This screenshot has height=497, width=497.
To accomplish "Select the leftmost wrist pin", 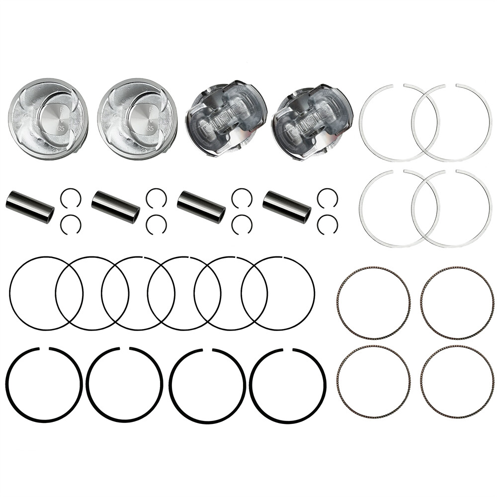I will (x=30, y=207).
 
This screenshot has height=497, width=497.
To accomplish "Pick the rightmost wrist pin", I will (x=287, y=207).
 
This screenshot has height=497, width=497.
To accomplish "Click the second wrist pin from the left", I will (x=116, y=207).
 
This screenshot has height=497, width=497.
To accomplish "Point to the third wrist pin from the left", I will (x=201, y=207).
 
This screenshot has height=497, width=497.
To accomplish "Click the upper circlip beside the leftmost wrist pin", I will (x=70, y=198).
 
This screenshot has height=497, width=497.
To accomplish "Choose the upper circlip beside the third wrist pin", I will (x=242, y=198).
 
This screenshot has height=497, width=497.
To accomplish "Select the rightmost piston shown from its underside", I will (x=312, y=119).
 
